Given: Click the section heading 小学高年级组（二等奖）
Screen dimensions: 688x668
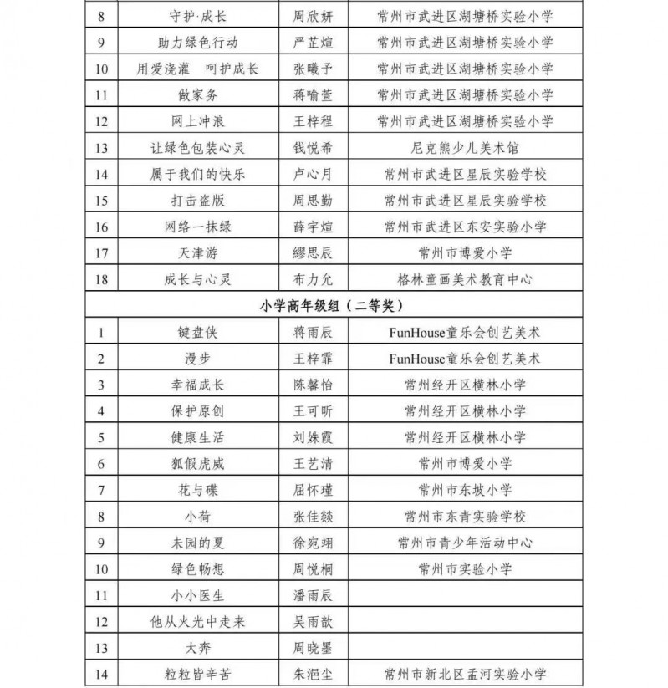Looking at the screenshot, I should [334, 306].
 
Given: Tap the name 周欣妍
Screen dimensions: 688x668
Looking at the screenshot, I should [311, 16].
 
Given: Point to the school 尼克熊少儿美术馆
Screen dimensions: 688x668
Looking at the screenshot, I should [465, 148].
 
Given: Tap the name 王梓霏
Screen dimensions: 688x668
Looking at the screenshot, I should [311, 359].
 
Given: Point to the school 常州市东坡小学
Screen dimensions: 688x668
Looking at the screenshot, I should [465, 490].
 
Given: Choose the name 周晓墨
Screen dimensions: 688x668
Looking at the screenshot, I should [311, 648].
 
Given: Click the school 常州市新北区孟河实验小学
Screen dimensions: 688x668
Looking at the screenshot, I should [465, 674].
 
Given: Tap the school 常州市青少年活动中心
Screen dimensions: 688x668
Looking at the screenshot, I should [465, 543].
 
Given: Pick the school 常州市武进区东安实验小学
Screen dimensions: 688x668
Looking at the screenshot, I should [465, 227].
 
